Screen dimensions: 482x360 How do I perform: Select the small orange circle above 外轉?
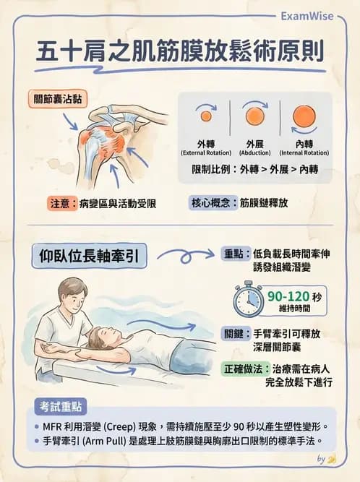(205, 116)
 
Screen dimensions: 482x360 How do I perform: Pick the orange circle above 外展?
(255, 116)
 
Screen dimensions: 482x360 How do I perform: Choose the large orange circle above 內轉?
(304, 116)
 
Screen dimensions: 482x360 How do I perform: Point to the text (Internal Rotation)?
(305, 152)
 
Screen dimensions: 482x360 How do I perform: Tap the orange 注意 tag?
(62, 203)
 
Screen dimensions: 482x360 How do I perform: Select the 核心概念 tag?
(214, 203)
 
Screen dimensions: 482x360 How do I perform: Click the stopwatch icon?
(248, 301)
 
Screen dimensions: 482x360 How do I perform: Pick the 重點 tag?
(233, 254)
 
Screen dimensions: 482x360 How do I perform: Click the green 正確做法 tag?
(244, 369)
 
